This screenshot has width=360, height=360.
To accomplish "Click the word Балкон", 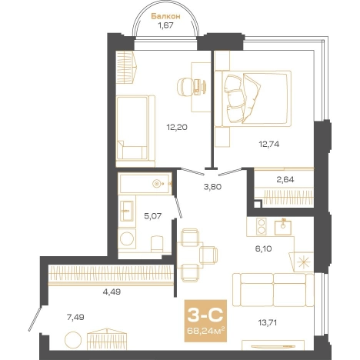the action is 165,16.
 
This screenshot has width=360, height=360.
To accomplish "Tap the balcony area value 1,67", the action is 166,25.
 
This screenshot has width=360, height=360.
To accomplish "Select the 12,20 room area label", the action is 177,127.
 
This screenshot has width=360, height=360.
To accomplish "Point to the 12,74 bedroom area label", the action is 269,144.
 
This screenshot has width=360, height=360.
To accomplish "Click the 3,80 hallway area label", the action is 212,187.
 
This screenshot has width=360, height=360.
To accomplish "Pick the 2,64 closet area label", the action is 285,179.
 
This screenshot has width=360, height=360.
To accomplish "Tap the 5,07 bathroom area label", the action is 153,216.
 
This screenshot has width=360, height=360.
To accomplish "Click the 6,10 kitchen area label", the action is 264,248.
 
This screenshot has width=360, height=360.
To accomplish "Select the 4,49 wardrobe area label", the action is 112,292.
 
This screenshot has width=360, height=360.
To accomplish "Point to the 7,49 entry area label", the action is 75,318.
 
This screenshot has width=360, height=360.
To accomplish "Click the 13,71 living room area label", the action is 268,322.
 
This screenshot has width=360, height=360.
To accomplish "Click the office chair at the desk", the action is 185,87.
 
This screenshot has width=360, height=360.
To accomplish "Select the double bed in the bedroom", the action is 253,98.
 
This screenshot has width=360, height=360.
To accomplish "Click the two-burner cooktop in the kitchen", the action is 262,227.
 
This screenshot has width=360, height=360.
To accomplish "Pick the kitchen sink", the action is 283,227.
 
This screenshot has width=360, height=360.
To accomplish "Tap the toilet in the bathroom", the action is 157,244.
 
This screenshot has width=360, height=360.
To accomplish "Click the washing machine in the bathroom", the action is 127,238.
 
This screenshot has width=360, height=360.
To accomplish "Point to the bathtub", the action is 145,183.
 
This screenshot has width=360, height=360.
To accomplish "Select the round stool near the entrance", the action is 73,340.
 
